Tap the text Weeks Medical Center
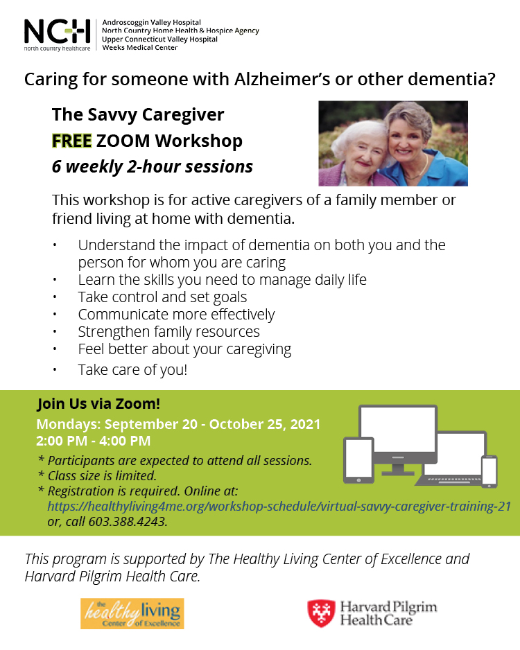[140, 48]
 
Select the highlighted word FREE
[71, 141]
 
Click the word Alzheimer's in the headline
[282, 79]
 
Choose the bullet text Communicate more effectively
[176, 315]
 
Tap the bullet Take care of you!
[132, 370]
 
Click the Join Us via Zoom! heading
[98, 403]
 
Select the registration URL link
[279, 506]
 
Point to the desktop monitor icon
[398, 439]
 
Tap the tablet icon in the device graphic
[358, 461]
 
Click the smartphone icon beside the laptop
[489, 471]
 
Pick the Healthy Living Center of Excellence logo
[132, 613]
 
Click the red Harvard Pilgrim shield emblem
[322, 613]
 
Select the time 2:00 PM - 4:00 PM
[94, 441]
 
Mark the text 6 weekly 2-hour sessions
[152, 166]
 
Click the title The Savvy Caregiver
[138, 115]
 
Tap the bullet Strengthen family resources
[168, 332]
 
